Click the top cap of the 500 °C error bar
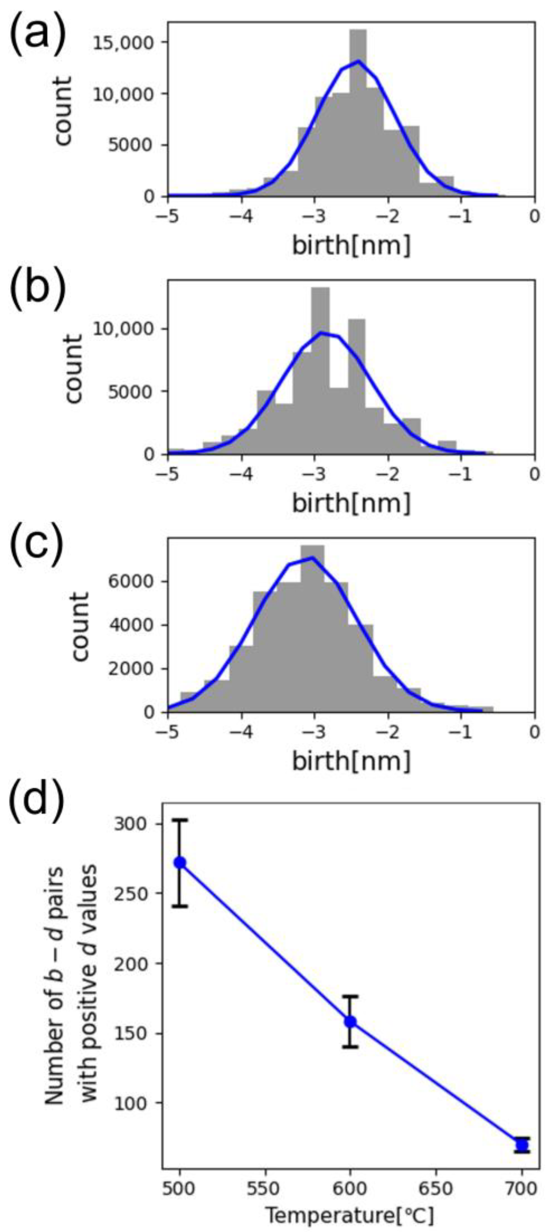point(180,833)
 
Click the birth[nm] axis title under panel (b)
point(351,503)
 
